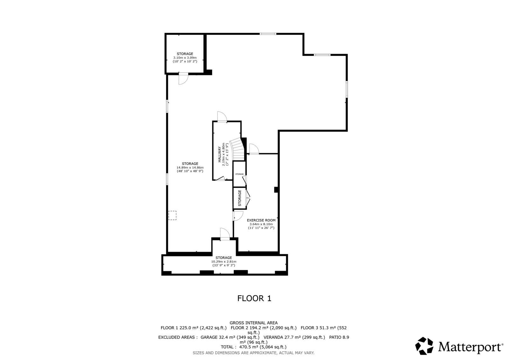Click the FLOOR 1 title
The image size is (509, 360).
[x=254, y=298]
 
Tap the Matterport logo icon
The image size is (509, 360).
[x=424, y=346]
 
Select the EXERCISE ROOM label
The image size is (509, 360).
[x=261, y=220]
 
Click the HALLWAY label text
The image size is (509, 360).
[x=220, y=154]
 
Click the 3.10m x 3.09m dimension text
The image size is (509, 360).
[x=185, y=58]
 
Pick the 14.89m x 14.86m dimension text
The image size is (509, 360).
[x=190, y=168]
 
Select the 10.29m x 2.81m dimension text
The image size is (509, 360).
[x=224, y=262]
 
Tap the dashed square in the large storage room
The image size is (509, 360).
[x=172, y=215]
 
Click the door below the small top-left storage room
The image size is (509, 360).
[x=183, y=78]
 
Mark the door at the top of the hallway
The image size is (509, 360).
[x=222, y=117]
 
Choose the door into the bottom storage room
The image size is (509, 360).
[x=225, y=234]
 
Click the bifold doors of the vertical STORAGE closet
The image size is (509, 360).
[x=248, y=198]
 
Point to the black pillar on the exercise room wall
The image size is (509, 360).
[x=276, y=190]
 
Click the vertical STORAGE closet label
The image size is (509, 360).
[x=240, y=198]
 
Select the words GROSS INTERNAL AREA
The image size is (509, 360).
[x=254, y=323]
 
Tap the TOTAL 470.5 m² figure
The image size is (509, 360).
[x=254, y=347]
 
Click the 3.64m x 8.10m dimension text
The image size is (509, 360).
[x=261, y=224]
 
